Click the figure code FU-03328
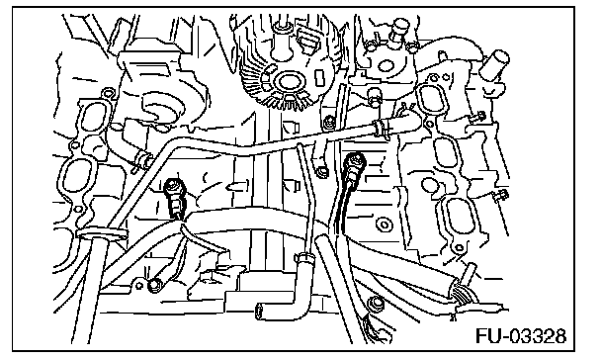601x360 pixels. pyautogui.click(x=521, y=336)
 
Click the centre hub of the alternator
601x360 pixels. pyautogui.click(x=287, y=82)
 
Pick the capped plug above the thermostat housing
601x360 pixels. pyautogui.click(x=398, y=28)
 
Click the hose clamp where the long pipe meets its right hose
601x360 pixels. pyautogui.click(x=380, y=128)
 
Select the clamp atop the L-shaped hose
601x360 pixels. pyautogui.click(x=303, y=257)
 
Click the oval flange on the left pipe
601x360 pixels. pyautogui.click(x=101, y=234)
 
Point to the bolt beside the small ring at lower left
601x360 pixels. pyautogui.click(x=154, y=285)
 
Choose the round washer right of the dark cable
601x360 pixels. pyautogui.click(x=383, y=224)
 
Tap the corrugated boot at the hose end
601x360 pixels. pyautogui.click(x=463, y=294)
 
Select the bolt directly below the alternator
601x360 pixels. pyautogui.click(x=328, y=123)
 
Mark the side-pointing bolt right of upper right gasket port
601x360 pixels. pyautogui.click(x=478, y=116)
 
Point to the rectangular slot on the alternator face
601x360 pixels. pyautogui.click(x=318, y=77)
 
